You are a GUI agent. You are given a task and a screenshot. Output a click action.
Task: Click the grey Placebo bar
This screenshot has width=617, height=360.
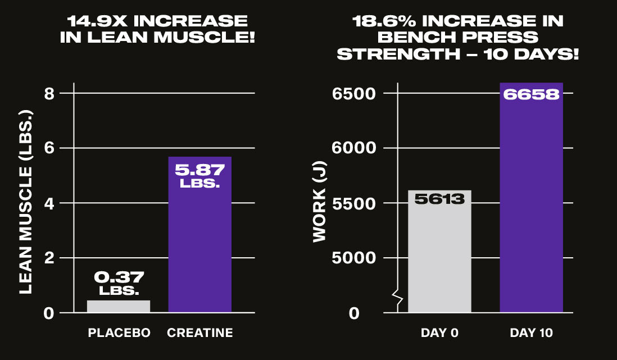pos(119,306)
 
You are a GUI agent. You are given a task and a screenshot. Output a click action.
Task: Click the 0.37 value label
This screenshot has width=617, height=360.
pos(119,277)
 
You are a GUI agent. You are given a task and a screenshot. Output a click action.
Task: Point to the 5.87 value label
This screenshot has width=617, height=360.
pos(200,169)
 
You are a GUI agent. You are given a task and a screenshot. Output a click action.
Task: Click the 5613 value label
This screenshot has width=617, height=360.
pos(439,199)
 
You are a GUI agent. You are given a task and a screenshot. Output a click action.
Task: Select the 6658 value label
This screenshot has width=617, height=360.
pos(531,94)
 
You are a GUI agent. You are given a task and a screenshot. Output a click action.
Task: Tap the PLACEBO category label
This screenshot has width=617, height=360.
pos(119,333)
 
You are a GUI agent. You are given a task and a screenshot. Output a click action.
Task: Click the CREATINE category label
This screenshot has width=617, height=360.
pos(200,333)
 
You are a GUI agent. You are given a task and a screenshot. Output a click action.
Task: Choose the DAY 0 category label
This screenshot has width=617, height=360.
pos(439,333)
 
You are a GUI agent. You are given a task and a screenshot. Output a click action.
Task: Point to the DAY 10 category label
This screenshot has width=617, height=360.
pos(531,333)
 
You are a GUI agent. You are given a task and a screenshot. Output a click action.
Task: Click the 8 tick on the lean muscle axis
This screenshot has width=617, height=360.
pos(49,93)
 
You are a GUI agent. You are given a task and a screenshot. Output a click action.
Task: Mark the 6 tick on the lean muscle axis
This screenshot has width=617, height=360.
pos(49,148)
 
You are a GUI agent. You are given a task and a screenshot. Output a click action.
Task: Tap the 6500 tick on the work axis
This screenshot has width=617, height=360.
pos(353,93)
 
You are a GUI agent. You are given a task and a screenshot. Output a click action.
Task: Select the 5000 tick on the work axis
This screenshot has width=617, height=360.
pos(353,258)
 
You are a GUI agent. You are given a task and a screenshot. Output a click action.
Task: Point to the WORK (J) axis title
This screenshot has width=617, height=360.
pos(319,210)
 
